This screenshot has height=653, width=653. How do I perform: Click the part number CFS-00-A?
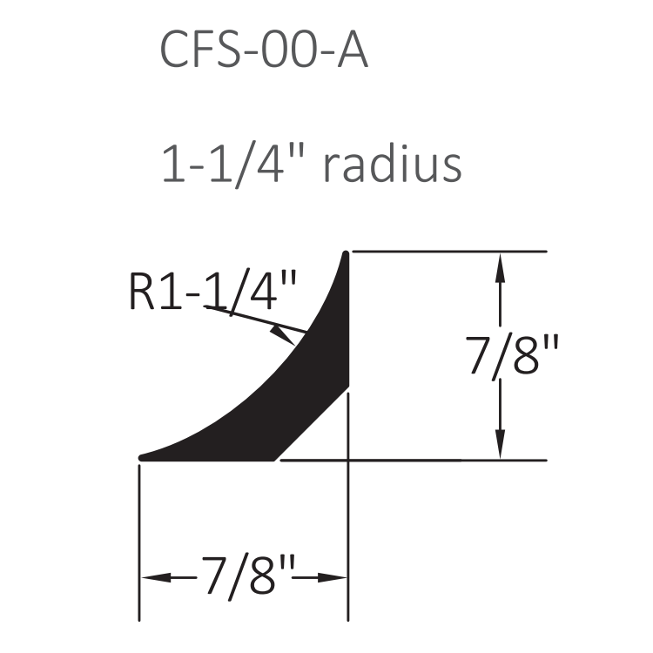264,49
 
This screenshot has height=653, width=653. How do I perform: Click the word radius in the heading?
393,164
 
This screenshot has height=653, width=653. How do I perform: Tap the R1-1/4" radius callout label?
212,291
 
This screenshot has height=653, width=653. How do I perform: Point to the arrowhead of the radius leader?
285,336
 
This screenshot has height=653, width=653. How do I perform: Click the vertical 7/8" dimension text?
511,356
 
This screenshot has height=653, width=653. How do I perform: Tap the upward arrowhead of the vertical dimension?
500,268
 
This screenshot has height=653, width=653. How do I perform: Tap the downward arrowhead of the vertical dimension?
500,443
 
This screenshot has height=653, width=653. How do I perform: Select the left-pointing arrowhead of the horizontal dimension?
156,577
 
